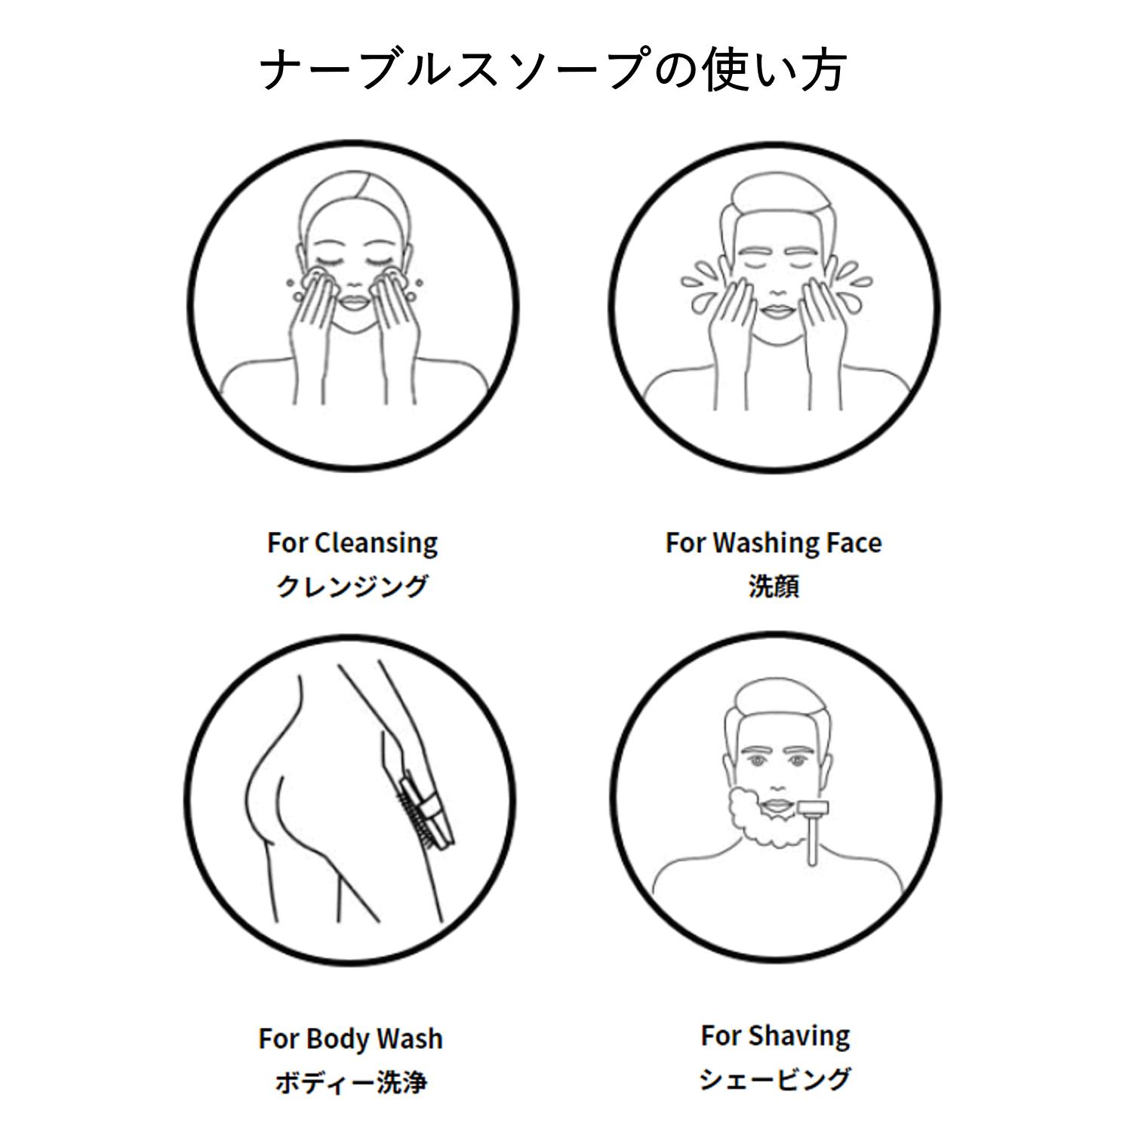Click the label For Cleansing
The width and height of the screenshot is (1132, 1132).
(x=352, y=543)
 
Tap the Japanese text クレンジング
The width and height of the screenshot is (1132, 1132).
(x=352, y=586)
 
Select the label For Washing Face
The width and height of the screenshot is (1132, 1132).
(x=774, y=543)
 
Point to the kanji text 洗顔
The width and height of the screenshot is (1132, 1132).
(x=774, y=586)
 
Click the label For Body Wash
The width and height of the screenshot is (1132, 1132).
(x=351, y=1039)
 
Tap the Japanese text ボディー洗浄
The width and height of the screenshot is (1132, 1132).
(x=351, y=1082)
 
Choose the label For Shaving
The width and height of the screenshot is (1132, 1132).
(x=775, y=1035)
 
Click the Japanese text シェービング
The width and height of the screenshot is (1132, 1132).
(x=775, y=1079)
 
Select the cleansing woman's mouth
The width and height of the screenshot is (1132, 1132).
(x=353, y=302)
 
